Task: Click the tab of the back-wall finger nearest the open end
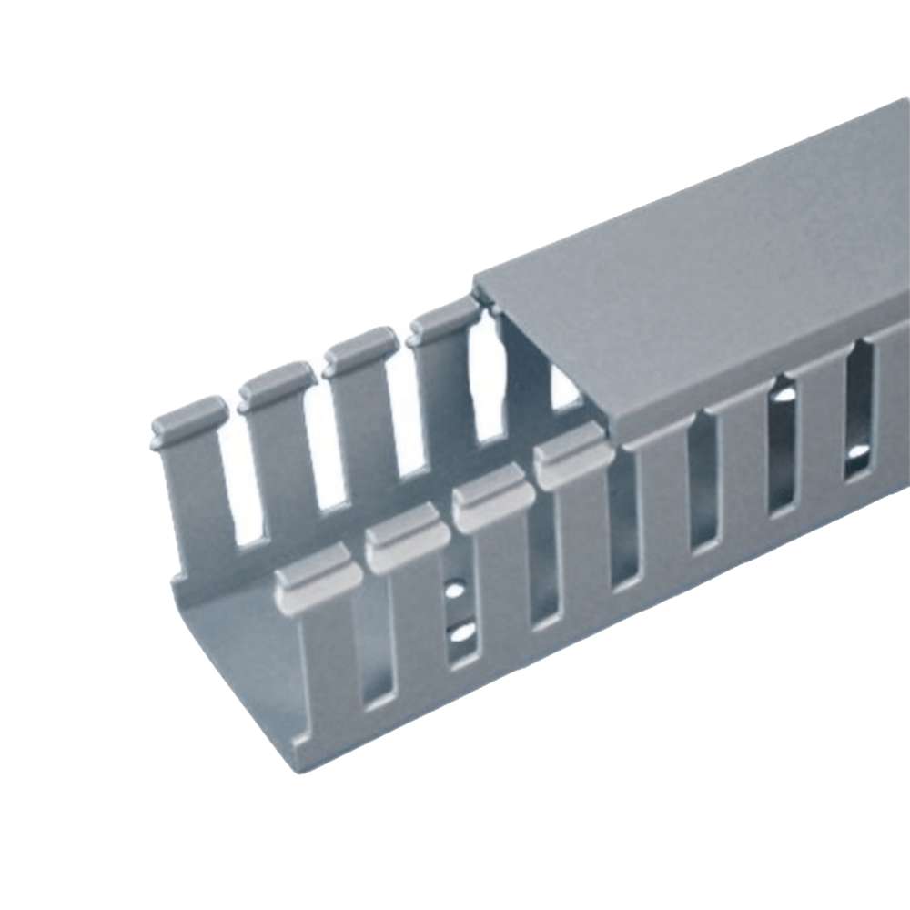click(189, 417)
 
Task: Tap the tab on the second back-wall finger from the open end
click(277, 382)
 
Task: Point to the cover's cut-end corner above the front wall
click(608, 426)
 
